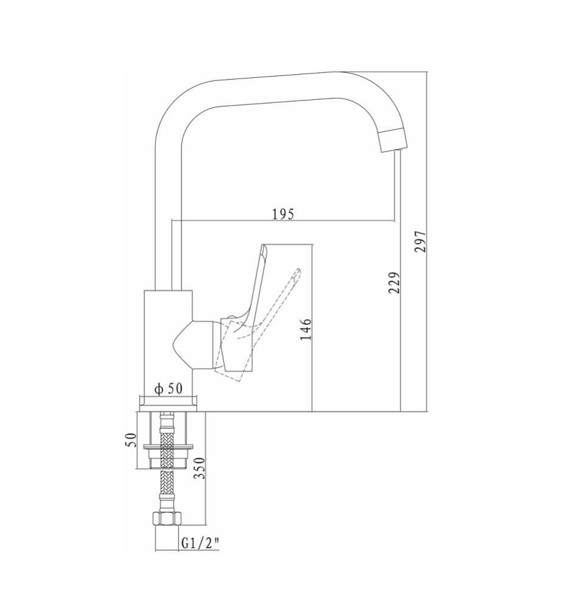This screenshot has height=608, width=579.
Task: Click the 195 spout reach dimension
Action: [x=282, y=214]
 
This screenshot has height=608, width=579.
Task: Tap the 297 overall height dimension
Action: [x=420, y=242]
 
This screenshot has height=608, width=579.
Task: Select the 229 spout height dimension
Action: [x=394, y=282]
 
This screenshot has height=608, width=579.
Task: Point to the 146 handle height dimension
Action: [x=306, y=329]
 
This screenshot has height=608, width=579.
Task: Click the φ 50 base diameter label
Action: [x=168, y=389]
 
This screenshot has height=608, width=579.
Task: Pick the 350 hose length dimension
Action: [x=198, y=468]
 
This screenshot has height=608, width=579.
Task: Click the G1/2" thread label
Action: [x=200, y=544]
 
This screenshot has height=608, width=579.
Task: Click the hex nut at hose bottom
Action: [x=167, y=519]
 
